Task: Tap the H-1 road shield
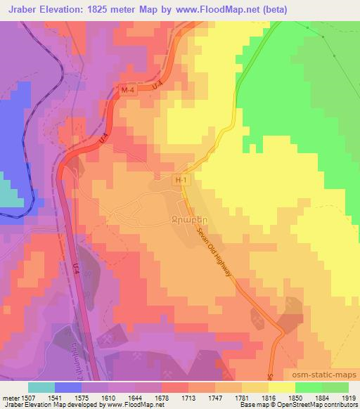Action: (x=181, y=180)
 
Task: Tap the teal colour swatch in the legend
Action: (x=41, y=387)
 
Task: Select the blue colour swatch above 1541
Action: (x=67, y=387)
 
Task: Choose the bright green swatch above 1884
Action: (x=309, y=387)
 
